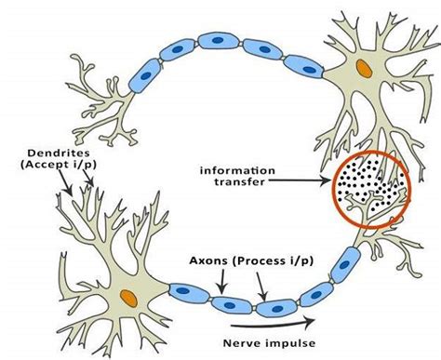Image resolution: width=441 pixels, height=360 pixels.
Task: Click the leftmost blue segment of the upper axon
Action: [x=144, y=73]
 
